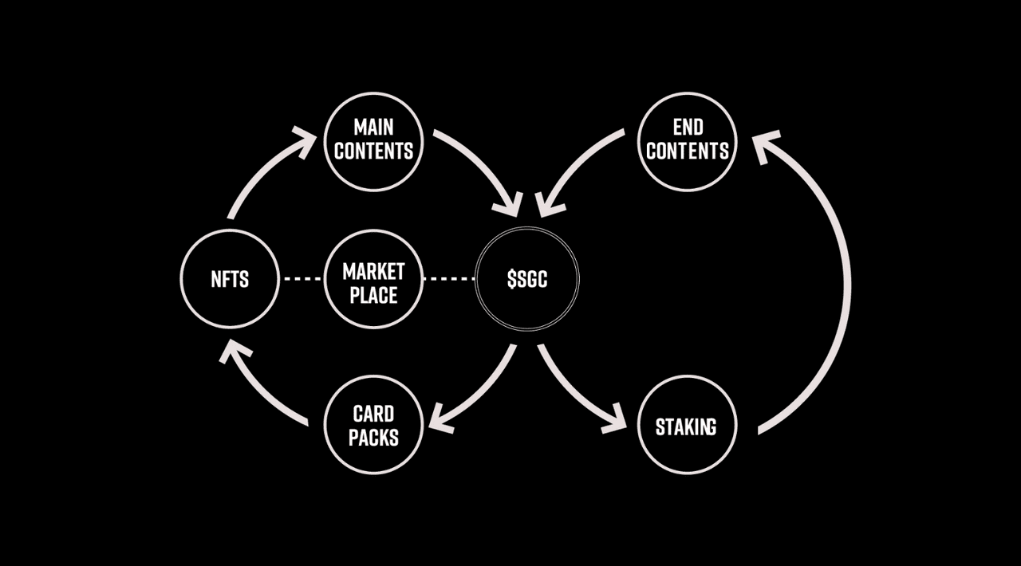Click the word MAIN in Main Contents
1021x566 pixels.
pyautogui.click(x=374, y=127)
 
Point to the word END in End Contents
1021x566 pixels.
pyautogui.click(x=688, y=127)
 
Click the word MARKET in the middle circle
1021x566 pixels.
pyautogui.click(x=374, y=272)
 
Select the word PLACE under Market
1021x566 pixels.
pyautogui.click(x=374, y=295)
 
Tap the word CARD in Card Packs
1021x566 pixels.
pyautogui.click(x=374, y=414)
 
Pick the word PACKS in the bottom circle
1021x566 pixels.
pyautogui.click(x=374, y=438)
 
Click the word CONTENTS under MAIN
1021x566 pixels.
pyautogui.click(x=374, y=151)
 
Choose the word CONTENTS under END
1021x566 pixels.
pyautogui.click(x=688, y=151)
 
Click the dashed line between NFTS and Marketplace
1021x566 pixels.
pyautogui.click(x=302, y=278)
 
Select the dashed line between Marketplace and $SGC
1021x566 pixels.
pyautogui.click(x=449, y=278)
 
